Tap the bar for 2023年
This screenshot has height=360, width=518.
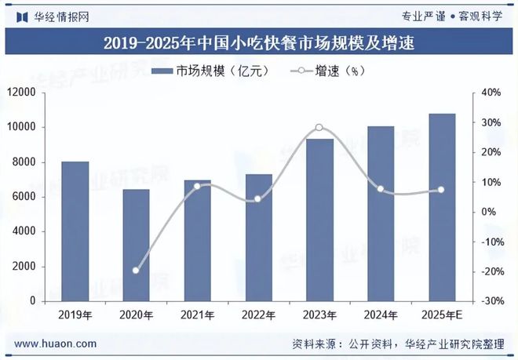click(319, 220)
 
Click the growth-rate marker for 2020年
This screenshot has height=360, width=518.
click(137, 271)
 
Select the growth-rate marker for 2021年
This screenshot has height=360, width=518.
click(197, 186)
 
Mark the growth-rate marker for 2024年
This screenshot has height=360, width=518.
click(381, 189)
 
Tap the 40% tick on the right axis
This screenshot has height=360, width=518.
click(492, 93)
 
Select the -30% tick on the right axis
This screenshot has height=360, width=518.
click(492, 301)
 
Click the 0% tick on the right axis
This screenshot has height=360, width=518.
click(489, 212)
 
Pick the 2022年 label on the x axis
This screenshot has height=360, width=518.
click(258, 315)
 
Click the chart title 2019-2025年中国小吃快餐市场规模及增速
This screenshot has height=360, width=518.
click(258, 42)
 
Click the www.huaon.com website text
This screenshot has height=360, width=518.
click(56, 344)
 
